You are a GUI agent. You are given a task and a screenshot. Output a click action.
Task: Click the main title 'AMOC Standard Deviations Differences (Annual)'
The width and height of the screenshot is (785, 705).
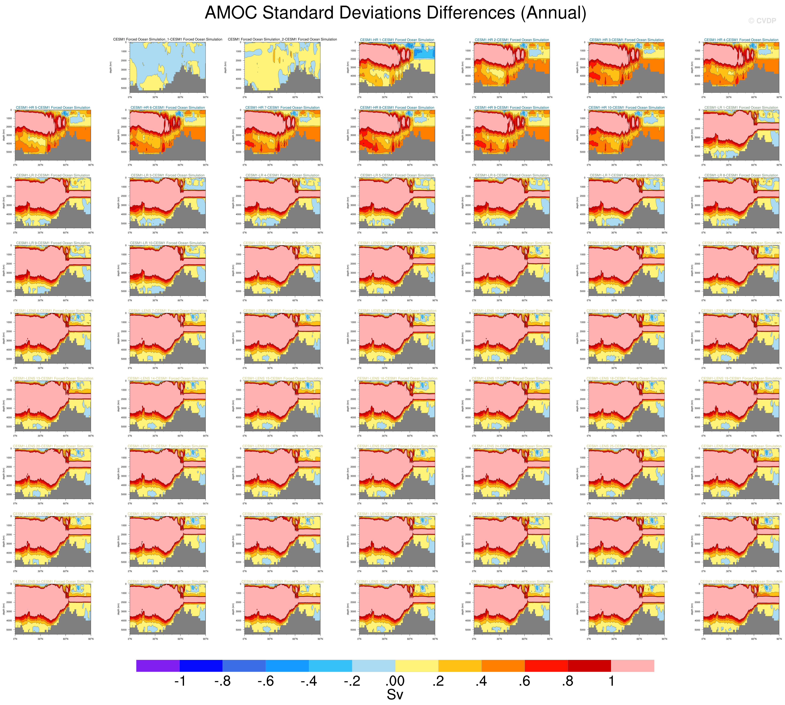[395, 13]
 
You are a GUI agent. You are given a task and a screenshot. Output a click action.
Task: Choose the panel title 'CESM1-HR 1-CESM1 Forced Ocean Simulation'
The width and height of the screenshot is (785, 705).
[397, 40]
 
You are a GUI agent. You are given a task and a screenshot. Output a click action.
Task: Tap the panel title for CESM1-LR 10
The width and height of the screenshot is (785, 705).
[168, 243]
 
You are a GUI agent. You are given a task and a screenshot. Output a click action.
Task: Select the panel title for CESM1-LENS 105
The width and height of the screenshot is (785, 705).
[741, 582]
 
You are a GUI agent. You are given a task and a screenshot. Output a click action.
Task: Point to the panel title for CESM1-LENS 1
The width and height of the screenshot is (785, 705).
[282, 243]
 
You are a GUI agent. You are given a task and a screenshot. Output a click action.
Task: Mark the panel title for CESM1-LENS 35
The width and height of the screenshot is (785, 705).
[168, 582]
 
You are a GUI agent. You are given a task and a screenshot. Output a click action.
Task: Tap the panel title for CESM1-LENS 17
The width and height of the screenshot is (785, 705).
[512, 379]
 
